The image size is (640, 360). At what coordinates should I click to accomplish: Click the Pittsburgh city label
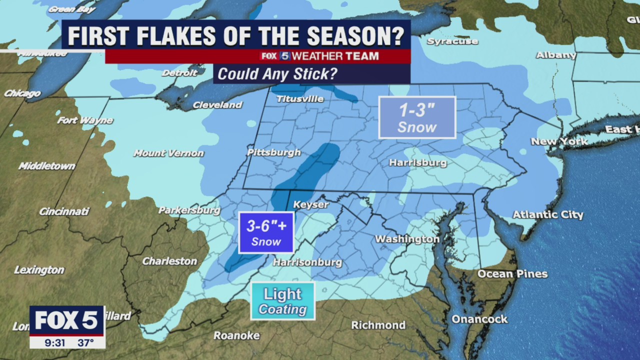274,152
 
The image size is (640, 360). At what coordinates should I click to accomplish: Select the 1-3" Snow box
417,117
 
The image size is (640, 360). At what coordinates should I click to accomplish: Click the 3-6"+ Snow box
266,232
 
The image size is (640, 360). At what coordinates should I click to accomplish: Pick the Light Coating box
282,301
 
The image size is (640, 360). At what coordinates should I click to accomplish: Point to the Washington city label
407,239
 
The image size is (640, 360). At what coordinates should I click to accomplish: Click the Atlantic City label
548,214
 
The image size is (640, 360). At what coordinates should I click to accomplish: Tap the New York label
559,141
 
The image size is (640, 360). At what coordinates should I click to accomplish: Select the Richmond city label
378,325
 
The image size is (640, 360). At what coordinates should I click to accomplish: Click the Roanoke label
236,335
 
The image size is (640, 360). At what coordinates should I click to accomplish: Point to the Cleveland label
217,105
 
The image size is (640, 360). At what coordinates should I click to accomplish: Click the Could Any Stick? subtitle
277,74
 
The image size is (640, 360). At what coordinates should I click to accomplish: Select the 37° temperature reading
85,342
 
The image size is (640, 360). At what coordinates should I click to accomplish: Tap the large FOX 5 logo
66,320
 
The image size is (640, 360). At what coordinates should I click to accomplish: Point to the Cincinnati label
64,211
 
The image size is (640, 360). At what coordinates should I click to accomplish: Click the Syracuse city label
452,41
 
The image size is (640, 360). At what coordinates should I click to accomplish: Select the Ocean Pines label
512,273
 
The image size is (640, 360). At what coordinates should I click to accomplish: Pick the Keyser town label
310,204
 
